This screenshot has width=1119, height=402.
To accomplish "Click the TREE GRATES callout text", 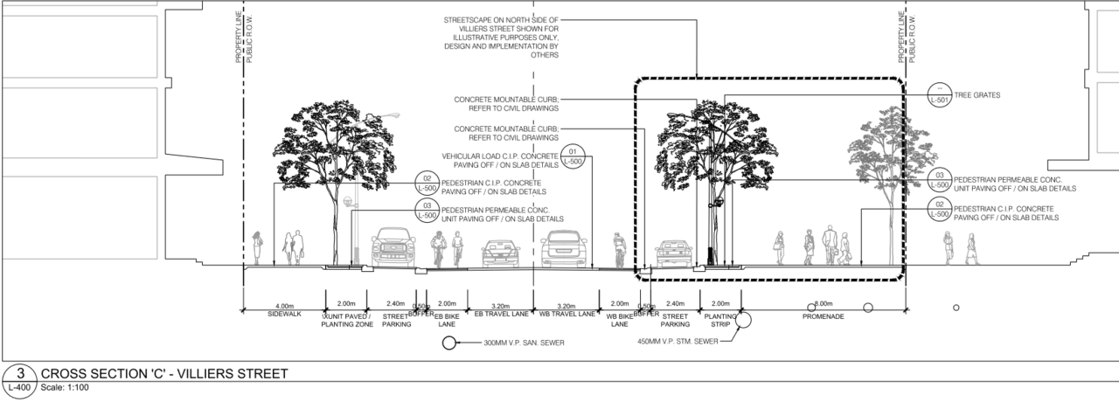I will click(978, 95).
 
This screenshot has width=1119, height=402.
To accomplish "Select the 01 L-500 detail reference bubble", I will click(573, 156).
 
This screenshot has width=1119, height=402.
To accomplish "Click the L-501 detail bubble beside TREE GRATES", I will click(940, 95).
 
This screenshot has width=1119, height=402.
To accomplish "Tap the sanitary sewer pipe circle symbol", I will click(449, 343).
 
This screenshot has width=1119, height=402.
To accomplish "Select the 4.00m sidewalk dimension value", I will click(283, 304).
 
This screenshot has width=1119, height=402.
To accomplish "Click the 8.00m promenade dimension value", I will click(823, 304).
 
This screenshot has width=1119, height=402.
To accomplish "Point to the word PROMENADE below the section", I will click(823, 316).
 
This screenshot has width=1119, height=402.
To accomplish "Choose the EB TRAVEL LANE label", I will click(501, 314).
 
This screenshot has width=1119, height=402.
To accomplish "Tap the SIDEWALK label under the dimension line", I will click(283, 314).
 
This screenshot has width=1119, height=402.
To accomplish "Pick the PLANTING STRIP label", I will click(721, 318).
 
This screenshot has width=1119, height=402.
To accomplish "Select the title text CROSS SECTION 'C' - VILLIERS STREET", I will click(164, 374).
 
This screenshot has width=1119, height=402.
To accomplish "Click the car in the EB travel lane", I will click(500, 253).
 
